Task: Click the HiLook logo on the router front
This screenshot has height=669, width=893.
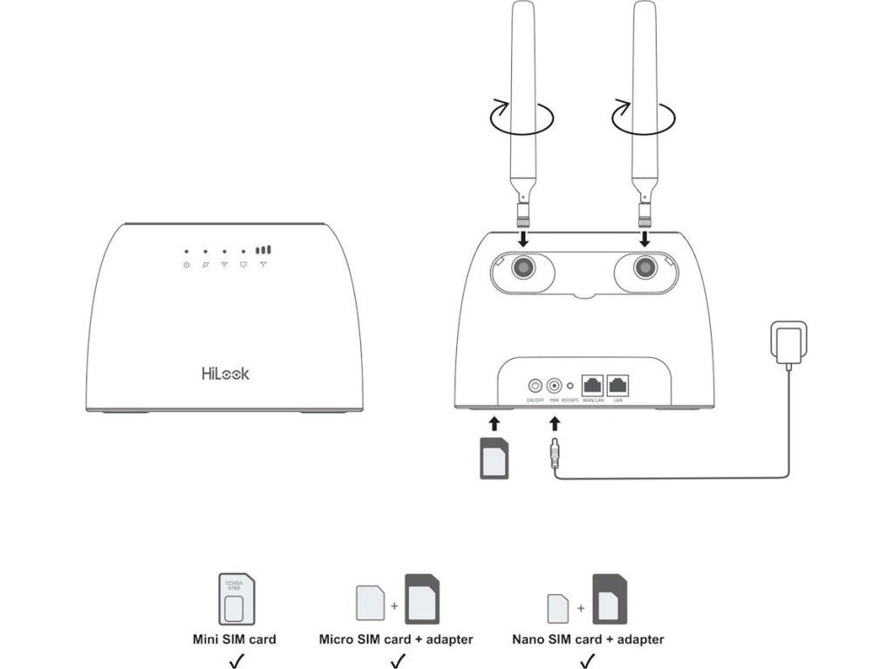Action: [225, 373]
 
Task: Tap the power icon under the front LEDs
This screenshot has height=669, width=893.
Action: [186, 264]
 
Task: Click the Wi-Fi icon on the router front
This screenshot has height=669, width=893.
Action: [224, 264]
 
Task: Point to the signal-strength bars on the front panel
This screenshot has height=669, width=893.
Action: [263, 248]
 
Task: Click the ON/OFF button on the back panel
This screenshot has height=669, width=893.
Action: [535, 383]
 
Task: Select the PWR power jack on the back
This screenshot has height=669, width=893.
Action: [553, 383]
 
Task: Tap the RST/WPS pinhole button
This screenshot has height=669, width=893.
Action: [570, 383]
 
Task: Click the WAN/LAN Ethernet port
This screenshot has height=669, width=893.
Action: [593, 382]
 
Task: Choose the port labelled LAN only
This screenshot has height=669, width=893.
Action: [618, 382]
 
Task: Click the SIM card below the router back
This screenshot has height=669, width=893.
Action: [494, 458]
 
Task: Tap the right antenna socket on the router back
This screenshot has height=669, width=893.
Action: [645, 267]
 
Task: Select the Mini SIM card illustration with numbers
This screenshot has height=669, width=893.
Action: [233, 598]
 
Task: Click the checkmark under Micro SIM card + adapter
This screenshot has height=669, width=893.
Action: [396, 659]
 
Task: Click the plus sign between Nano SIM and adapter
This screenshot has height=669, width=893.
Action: [580, 607]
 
